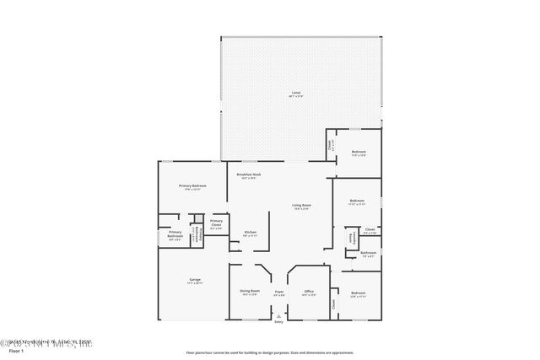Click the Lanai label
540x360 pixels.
point(295,93)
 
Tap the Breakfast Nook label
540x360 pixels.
point(249,176)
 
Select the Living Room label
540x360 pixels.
point(301,207)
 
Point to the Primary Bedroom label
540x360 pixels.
point(192,186)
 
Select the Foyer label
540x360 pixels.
point(278,293)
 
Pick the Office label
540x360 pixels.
point(309,293)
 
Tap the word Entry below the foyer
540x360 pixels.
point(278,322)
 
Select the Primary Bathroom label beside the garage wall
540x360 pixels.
point(175,234)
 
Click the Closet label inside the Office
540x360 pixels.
point(333,307)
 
